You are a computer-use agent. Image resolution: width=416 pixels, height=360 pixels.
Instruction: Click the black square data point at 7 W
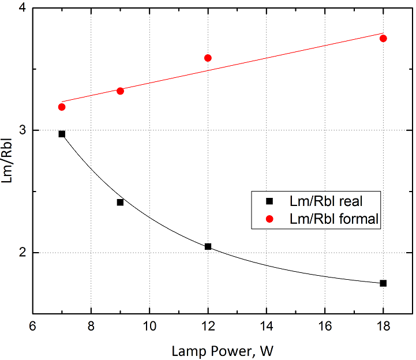(x=62, y=134)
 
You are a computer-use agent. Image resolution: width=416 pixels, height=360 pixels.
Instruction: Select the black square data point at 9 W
(x=120, y=202)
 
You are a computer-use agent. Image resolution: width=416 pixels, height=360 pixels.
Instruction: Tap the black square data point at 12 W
(x=208, y=246)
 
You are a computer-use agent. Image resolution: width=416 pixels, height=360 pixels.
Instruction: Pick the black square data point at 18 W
(x=383, y=283)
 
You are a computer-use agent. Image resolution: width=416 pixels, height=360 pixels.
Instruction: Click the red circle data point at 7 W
(x=62, y=107)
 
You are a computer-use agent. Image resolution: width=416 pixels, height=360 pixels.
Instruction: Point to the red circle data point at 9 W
(x=120, y=91)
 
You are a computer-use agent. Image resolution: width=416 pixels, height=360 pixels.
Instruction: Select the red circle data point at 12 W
(x=208, y=58)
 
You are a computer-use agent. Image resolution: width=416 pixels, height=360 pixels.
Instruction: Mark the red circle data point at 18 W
(x=383, y=38)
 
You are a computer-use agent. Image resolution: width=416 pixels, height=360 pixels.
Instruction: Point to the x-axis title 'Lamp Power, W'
(x=222, y=350)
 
